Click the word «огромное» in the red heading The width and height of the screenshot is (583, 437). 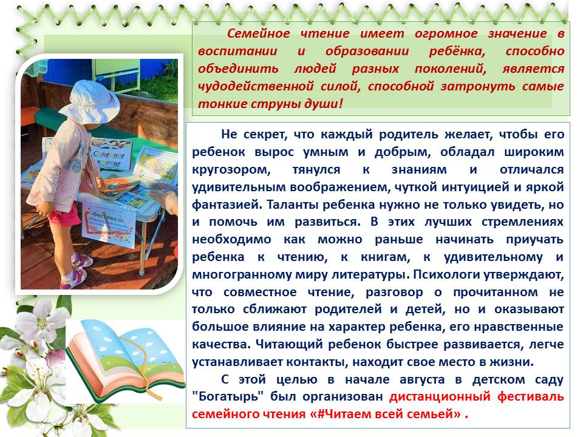point(446,34)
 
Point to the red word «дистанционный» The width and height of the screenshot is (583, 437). point(440,397)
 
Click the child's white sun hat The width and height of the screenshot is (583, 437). point(90,100)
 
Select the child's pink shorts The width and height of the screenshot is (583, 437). point(65,216)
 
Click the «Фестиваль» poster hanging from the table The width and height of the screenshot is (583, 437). point(109,224)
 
